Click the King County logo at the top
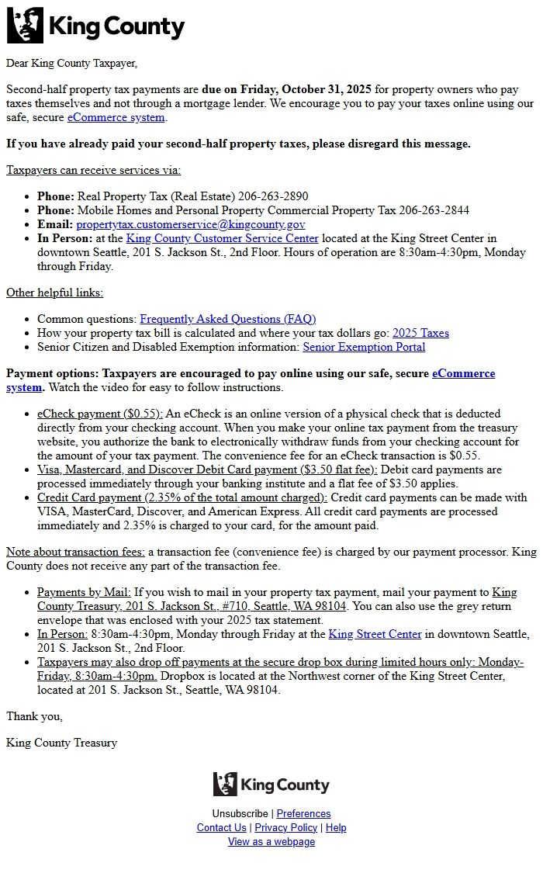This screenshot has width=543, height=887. (x=95, y=25)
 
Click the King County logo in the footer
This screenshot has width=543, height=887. (x=271, y=785)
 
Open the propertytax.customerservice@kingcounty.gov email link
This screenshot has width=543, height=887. (x=191, y=224)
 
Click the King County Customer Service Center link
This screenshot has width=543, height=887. (x=222, y=238)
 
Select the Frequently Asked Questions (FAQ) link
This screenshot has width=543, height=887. (x=227, y=319)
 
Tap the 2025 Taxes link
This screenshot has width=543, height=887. (x=420, y=333)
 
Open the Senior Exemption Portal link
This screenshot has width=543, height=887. (x=364, y=347)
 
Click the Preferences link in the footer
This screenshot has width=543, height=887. (x=303, y=813)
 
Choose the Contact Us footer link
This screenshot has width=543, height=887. (x=221, y=827)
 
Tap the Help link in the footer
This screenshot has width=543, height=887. (x=336, y=827)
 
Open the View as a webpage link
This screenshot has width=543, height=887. (x=271, y=841)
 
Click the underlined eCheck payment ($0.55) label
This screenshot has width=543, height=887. (x=100, y=414)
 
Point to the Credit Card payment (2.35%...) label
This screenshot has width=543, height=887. (x=182, y=497)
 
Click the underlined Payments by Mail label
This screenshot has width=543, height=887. (x=84, y=592)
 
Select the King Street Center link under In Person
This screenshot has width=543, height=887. (x=375, y=634)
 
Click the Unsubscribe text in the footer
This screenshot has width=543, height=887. (x=240, y=813)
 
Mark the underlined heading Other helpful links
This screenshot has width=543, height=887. (x=54, y=293)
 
